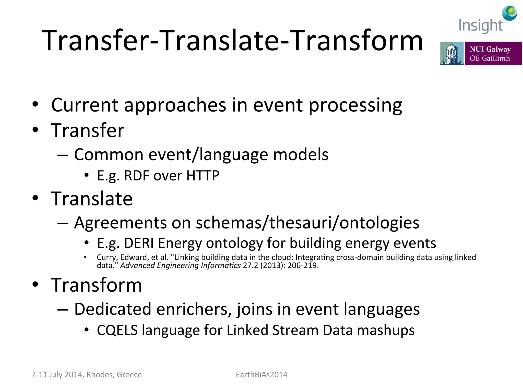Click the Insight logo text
[x=481, y=26]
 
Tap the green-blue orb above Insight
[x=509, y=13]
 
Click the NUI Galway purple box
[x=493, y=53]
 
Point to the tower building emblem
[x=451, y=53]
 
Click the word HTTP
[x=203, y=176]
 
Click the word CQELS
[x=117, y=330]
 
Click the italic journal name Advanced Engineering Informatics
[x=180, y=265]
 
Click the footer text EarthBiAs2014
[x=261, y=374]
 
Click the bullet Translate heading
[x=92, y=199]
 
